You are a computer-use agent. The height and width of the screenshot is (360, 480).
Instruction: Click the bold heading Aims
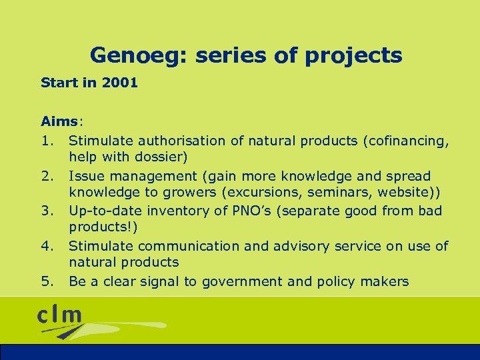pos(59,122)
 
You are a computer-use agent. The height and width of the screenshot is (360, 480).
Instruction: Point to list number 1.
pos(47,141)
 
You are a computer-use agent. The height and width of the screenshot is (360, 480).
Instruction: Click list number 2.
pos(47,176)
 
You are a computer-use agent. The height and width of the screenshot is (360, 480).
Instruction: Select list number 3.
pos(47,211)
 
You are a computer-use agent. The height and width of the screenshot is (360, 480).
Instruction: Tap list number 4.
pos(47,246)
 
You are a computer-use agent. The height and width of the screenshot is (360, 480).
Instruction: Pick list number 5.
pos(47,281)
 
